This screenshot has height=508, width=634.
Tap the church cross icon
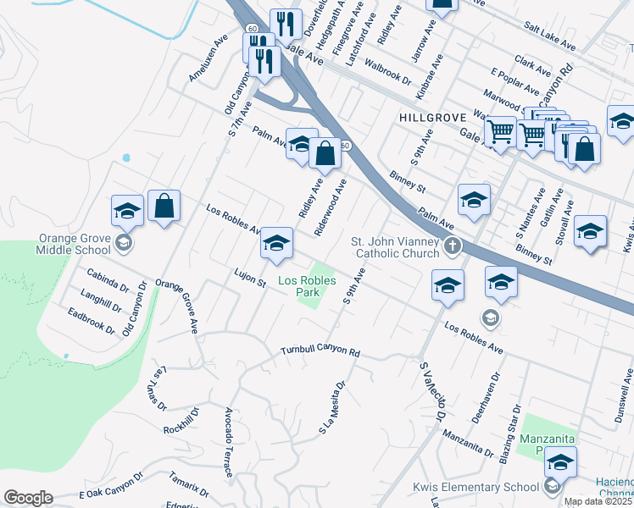tap(453, 247)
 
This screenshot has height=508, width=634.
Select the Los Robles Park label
tap(307, 286)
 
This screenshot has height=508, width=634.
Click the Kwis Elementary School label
tap(475, 486)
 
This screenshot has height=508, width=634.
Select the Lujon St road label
tap(250, 276)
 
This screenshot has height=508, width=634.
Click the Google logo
tap(28, 498)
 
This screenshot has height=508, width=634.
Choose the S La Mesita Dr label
tap(332, 407)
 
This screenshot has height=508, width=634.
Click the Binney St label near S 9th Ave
tap(408, 181)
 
